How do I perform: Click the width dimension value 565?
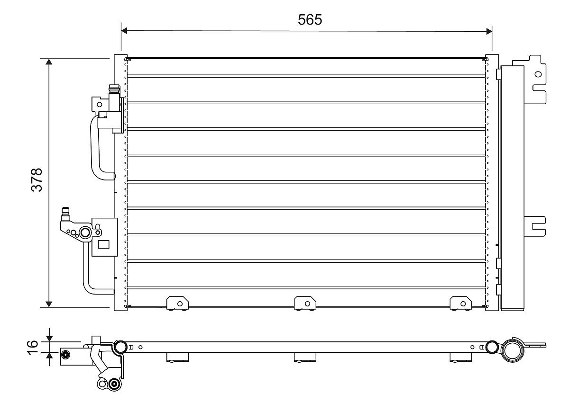coord(310,19)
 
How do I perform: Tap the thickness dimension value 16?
coord(32,346)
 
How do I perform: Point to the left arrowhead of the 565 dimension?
coord(125,31)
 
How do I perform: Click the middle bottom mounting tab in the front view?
coord(304,303)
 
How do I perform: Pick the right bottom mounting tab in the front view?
coord(460,303)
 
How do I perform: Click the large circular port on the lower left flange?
coord(86,232)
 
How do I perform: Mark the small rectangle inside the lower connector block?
coord(103,245)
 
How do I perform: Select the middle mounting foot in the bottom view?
coord(304,357)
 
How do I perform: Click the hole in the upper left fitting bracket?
coord(99,104)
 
